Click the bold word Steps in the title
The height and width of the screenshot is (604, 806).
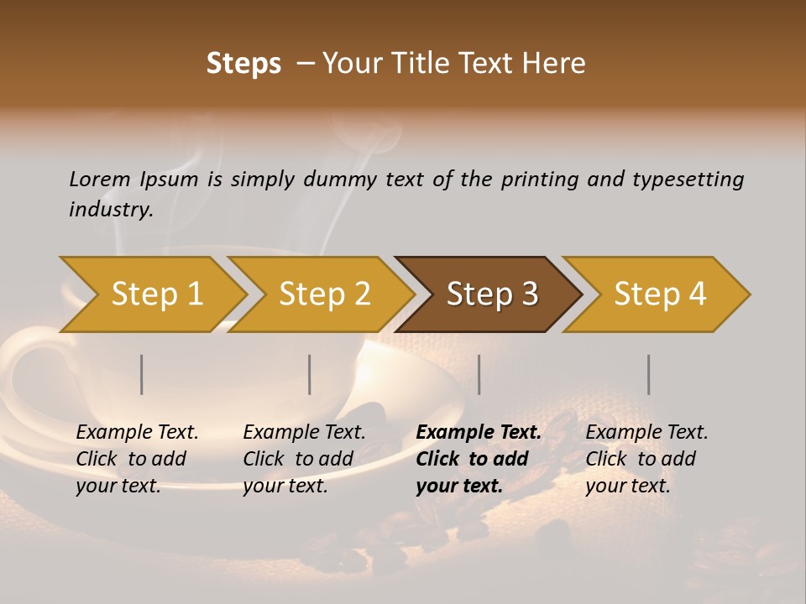point(243,64)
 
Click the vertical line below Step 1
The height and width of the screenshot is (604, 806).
point(142,374)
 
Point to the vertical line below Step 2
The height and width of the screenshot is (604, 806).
point(310,374)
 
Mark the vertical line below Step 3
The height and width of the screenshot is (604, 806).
point(479,374)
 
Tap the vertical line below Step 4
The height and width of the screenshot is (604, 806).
point(649,374)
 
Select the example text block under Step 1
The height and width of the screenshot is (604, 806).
point(137,459)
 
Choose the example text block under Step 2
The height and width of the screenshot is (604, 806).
point(304,459)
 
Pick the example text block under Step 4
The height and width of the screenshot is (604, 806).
point(646,459)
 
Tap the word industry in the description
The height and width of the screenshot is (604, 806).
point(111,210)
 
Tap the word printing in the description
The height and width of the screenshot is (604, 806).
point(540,180)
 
